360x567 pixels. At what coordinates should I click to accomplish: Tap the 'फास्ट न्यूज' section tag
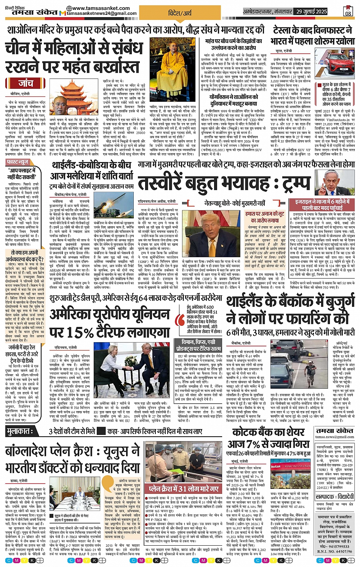pyautogui.click(x=18, y=162)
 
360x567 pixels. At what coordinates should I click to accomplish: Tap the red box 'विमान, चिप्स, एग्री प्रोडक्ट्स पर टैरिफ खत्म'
pyautogui.click(x=198, y=345)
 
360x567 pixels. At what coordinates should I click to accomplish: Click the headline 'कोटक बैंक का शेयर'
pyautogui.click(x=268, y=432)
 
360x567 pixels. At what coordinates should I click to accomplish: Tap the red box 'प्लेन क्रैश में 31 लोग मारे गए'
pyautogui.click(x=184, y=489)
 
